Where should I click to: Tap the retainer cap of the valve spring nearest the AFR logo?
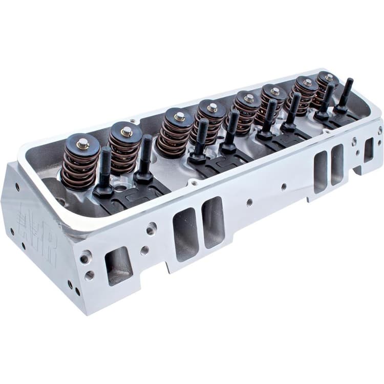click(x=82, y=144)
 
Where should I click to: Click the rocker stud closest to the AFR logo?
click(x=105, y=169)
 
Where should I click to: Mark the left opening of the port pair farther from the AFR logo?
click(x=320, y=171)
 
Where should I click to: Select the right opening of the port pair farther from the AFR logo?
click(x=337, y=164)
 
